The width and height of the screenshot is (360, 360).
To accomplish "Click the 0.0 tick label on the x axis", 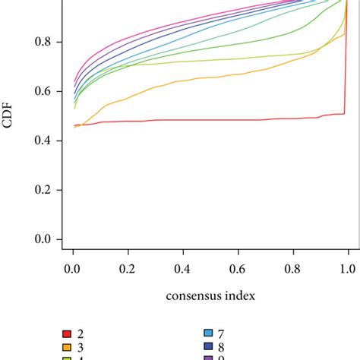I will pyautogui.click(x=73, y=269).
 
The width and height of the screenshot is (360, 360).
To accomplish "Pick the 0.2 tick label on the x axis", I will pyautogui.click(x=128, y=269).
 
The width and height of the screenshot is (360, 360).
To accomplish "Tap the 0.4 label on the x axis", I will pyautogui.click(x=183, y=269).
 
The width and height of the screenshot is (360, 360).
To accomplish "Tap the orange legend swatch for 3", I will pyautogui.click(x=67, y=347).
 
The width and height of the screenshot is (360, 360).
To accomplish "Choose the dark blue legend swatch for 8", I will pyautogui.click(x=207, y=347).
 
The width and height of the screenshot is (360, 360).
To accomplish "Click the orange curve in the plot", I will pyautogui.click(x=190, y=79).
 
